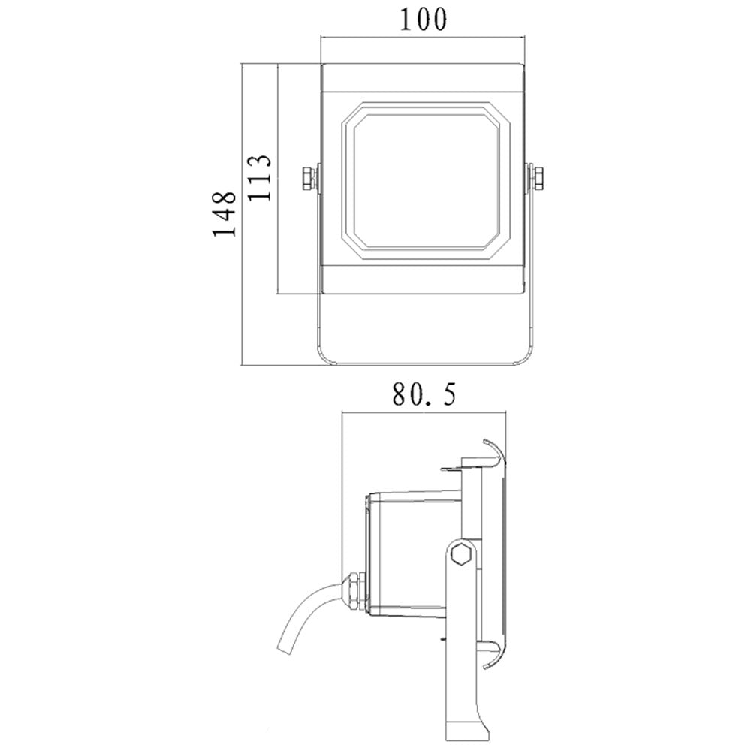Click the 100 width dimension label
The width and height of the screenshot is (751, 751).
click(x=423, y=20)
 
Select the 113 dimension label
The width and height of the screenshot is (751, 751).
click(x=260, y=178)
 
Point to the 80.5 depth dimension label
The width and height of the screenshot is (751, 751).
click(x=424, y=394)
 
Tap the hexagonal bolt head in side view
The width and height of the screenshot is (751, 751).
click(x=462, y=556)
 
